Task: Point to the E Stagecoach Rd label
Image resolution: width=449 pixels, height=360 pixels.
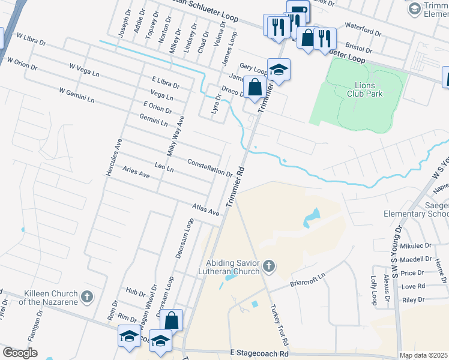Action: (x=258, y=354)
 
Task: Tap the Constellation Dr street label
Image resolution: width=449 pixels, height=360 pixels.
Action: (x=209, y=167)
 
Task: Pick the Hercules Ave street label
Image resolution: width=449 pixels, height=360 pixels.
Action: (x=114, y=158)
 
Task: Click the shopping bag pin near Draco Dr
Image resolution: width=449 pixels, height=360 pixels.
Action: (x=255, y=86)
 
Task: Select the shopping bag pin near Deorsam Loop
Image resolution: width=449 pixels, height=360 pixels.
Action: (x=171, y=320)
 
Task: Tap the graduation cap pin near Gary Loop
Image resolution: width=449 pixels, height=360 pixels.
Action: (x=279, y=70)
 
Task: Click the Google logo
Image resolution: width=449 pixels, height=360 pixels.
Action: (x=20, y=353)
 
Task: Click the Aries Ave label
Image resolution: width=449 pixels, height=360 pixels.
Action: (x=136, y=172)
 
